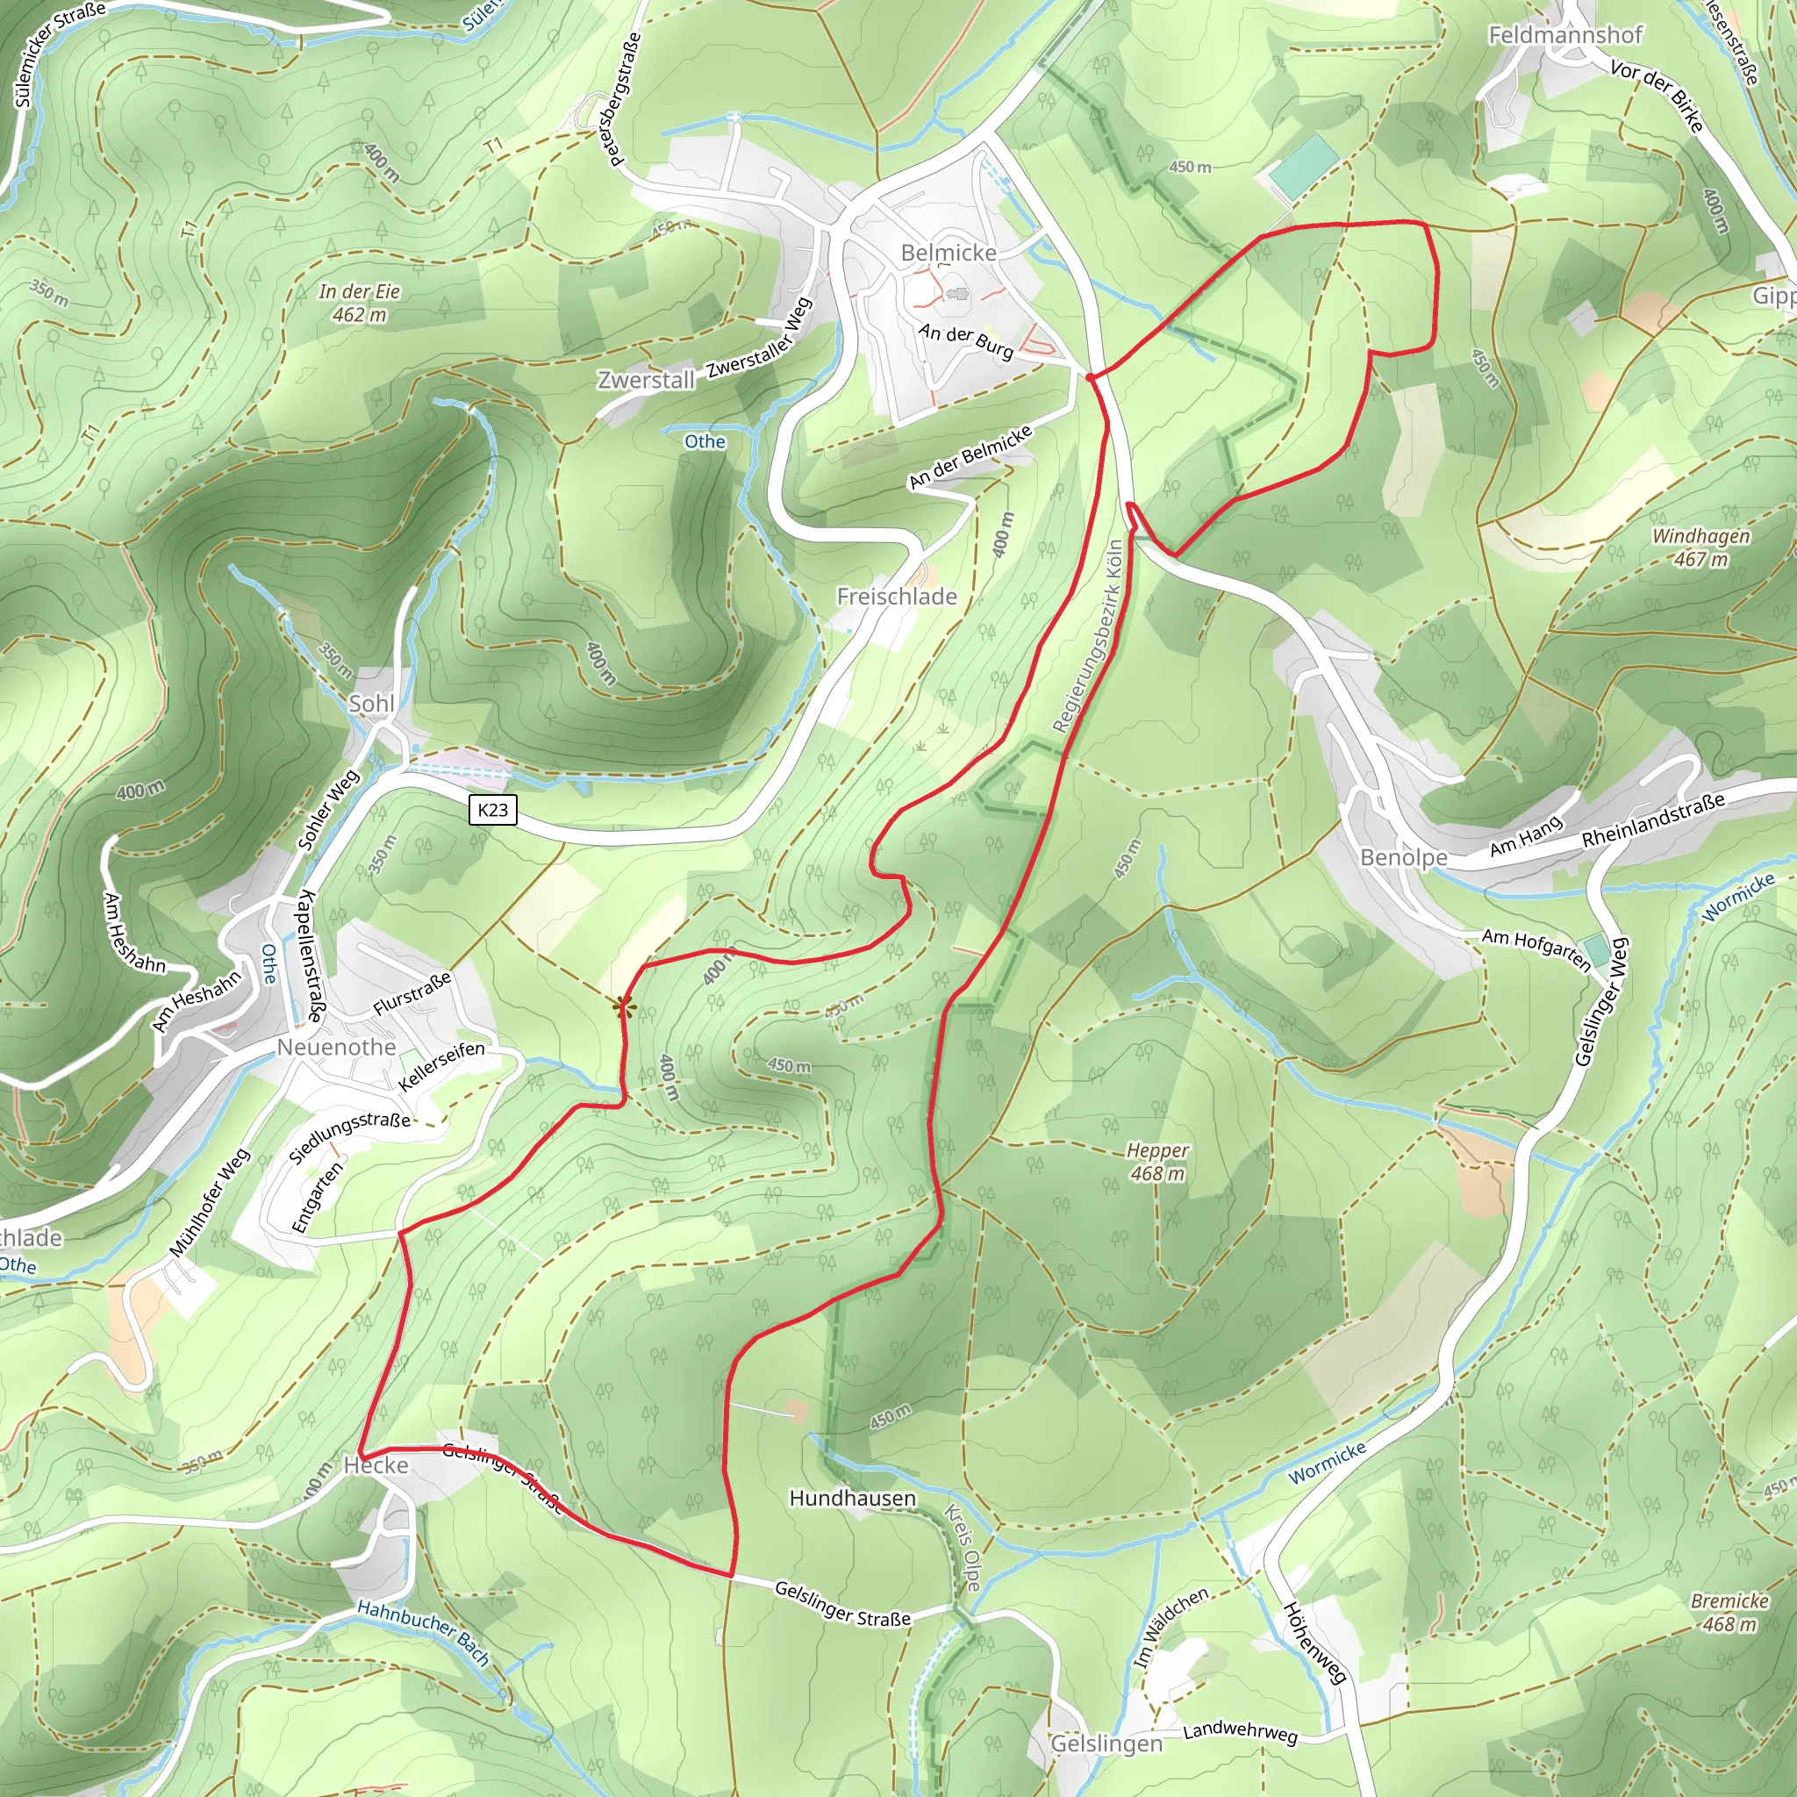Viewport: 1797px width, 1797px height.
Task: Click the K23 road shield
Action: pos(492,809)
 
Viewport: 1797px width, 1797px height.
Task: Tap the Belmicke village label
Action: pos(948,253)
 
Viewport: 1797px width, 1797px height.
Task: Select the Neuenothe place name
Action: pos(336,1048)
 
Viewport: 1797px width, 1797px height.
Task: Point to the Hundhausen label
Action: pos(852,1499)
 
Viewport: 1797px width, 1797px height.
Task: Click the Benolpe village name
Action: pos(1403,856)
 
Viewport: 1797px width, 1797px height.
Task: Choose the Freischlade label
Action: pos(897,596)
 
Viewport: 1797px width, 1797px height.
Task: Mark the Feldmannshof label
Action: pos(1564,35)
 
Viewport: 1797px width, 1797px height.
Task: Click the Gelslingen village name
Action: pos(1106,1744)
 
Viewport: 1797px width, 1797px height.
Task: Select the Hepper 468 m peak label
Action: pos(1157,1162)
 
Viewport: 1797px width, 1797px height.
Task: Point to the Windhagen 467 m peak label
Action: pos(1700,547)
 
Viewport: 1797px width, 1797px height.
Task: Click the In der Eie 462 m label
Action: pos(359,303)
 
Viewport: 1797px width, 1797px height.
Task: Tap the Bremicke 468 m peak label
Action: pos(1729,1612)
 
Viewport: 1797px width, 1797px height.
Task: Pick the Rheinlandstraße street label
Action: pos(1653,820)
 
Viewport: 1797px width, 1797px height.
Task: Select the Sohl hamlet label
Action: pos(371,703)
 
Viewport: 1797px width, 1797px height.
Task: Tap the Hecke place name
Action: pos(376,1466)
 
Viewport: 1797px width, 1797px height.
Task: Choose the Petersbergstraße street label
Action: pos(625,98)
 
